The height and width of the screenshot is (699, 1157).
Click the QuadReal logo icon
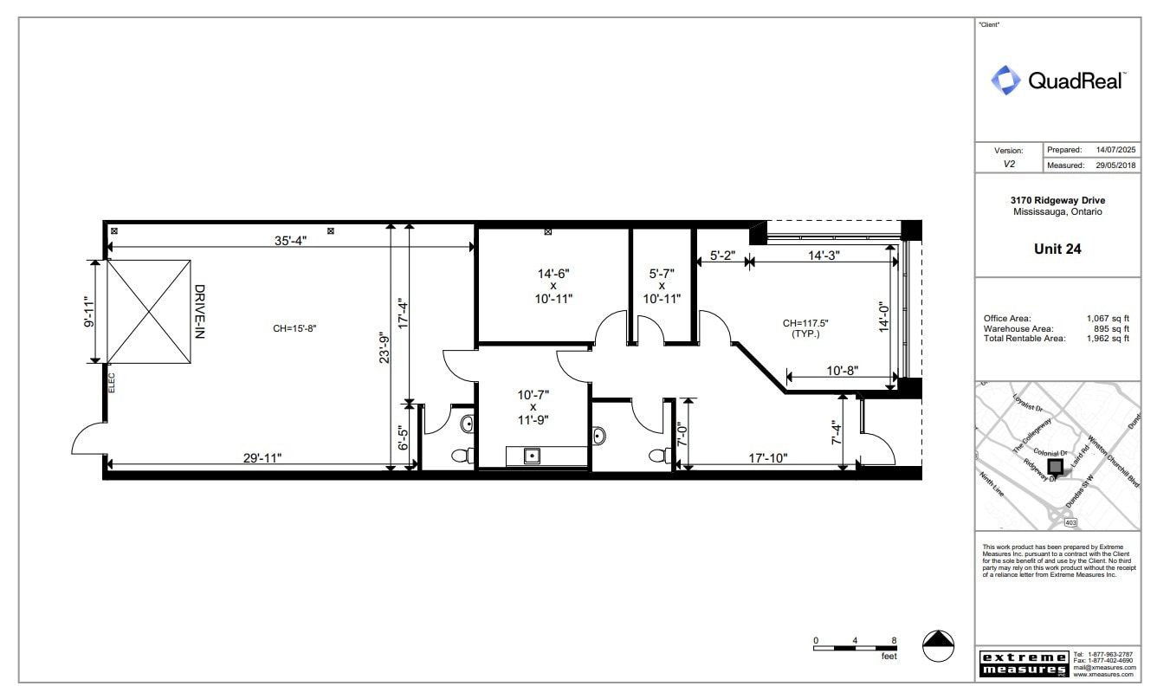pos(1006,81)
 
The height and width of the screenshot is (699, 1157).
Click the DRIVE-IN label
pos(198,311)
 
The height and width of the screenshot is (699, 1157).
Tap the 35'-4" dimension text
pos(290,242)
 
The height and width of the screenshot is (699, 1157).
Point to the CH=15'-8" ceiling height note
pos(297,328)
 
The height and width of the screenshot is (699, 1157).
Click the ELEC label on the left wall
pos(112,382)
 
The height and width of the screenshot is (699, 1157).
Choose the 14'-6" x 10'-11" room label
pos(553,285)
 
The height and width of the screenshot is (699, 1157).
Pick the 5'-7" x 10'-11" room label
pos(661,285)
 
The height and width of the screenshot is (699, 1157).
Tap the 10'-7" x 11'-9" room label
pos(533,407)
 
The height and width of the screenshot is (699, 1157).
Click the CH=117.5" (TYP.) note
pos(799,328)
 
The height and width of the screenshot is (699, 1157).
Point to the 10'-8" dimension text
pos(841,370)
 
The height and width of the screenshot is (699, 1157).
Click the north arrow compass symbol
pos(938,645)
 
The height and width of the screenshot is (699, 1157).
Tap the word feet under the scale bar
pos(889,657)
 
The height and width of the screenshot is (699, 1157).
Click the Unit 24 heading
pos(1057,249)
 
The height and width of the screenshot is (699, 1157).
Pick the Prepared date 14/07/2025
pos(1115,150)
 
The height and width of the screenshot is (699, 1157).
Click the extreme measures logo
pos(1023,663)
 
